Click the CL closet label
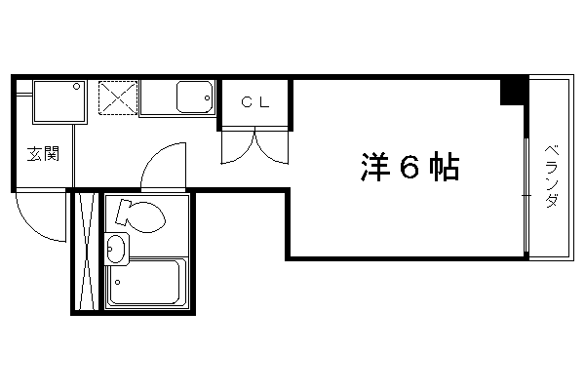[x=255, y=102]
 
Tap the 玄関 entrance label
[x=44, y=154]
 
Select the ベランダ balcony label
[x=552, y=175]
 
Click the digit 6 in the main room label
[x=409, y=167]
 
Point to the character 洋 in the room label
[x=375, y=167]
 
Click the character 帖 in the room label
[x=444, y=167]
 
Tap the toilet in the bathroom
[x=140, y=216]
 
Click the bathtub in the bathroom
[x=146, y=282]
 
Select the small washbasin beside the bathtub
[x=116, y=249]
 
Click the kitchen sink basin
[x=194, y=97]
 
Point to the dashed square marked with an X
[x=118, y=97]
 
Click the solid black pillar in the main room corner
[x=514, y=92]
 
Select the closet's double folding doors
[x=254, y=146]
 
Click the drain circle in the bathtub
[x=118, y=282]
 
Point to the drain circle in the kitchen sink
[x=207, y=98]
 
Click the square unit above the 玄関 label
[x=59, y=101]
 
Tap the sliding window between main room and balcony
[x=526, y=195]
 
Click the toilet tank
[x=123, y=213]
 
